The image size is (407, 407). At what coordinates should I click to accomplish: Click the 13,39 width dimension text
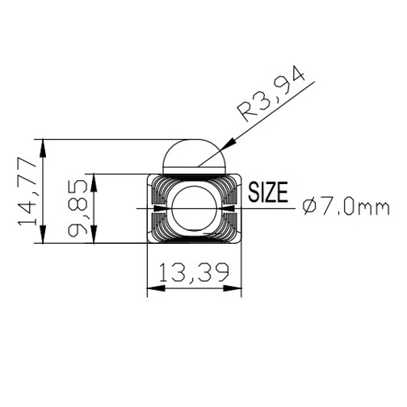(194, 273)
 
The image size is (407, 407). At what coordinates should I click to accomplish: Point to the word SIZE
(268, 192)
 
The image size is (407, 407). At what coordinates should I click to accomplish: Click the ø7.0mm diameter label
(346, 208)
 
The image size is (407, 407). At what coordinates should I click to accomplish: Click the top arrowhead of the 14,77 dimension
(43, 149)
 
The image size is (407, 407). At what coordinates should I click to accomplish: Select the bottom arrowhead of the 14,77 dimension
(43, 234)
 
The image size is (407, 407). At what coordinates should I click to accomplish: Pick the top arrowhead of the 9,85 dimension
(94, 183)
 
